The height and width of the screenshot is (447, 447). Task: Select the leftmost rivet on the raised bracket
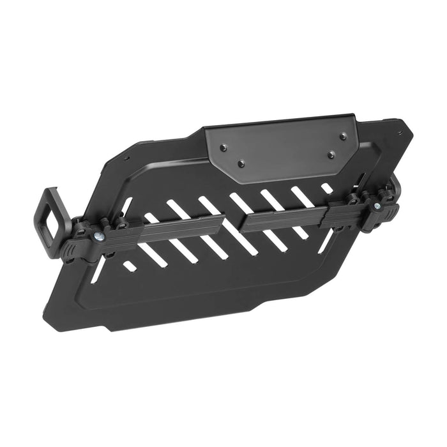[x=223, y=148]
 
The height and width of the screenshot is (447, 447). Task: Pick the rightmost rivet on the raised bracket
[x=343, y=136]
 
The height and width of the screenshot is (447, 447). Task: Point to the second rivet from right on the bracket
[x=331, y=155]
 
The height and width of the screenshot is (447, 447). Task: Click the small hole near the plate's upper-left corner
[x=127, y=158]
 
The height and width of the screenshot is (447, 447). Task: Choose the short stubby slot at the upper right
[x=328, y=188]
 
